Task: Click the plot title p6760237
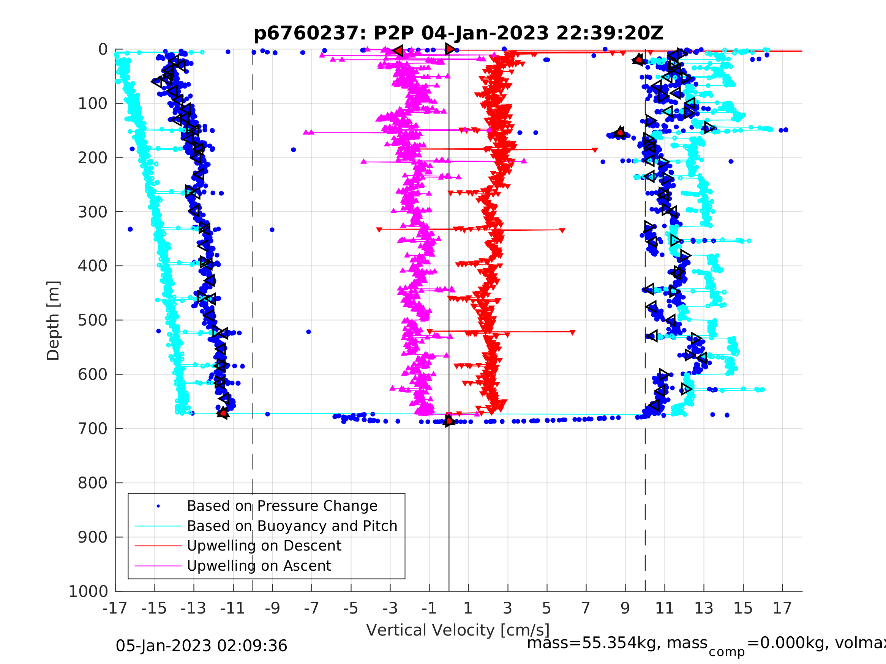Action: [458, 33]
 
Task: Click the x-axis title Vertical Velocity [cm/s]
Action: [458, 630]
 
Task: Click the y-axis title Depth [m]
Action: [53, 321]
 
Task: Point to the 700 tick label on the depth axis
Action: [93, 429]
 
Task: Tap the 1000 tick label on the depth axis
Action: [88, 591]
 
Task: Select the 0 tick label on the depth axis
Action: [103, 50]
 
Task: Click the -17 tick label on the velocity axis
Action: [115, 608]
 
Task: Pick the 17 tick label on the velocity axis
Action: [782, 608]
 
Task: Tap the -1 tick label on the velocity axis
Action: [429, 608]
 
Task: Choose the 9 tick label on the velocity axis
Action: [625, 608]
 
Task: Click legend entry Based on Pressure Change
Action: [282, 506]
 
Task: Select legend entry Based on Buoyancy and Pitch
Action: [292, 526]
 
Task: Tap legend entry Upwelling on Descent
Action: [264, 546]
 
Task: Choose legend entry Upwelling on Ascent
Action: [259, 566]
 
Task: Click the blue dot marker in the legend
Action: [158, 506]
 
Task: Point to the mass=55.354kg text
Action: [617, 643]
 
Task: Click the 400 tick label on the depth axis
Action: [93, 266]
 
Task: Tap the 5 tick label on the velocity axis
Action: [547, 608]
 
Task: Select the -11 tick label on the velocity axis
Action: [232, 608]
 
